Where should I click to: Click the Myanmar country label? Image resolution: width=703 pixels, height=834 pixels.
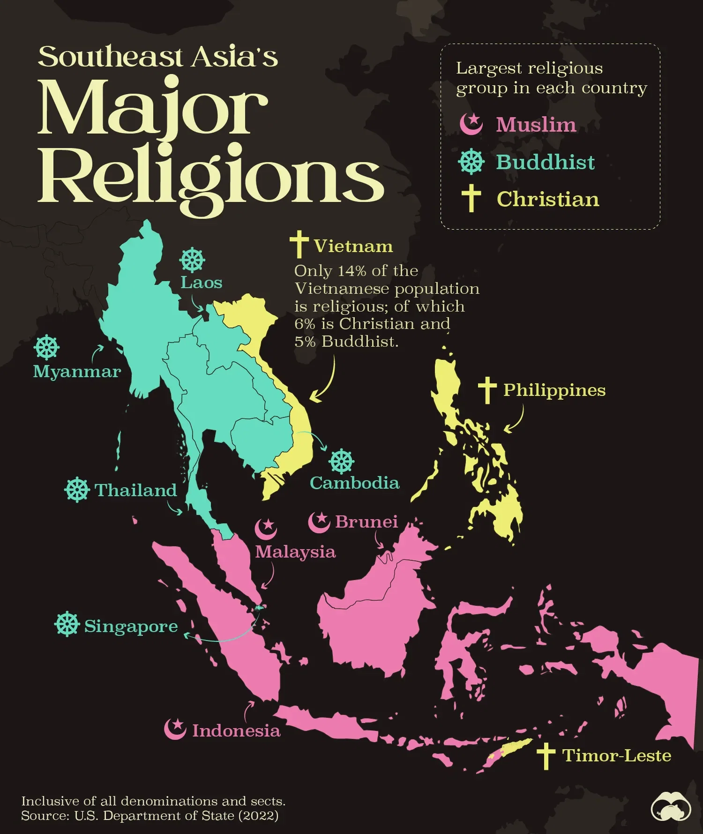(77, 372)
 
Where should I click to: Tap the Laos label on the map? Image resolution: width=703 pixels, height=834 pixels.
(202, 283)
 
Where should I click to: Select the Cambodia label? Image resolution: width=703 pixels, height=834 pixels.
(354, 483)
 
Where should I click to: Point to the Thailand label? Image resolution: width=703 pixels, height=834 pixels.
(136, 490)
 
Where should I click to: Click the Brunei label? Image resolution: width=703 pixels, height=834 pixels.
(366, 521)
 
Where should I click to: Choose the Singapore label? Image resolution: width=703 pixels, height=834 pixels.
(131, 626)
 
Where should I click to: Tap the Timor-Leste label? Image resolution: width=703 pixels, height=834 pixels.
(616, 756)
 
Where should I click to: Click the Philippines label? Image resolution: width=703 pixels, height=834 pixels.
(554, 390)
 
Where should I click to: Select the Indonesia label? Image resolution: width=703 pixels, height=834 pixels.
(236, 731)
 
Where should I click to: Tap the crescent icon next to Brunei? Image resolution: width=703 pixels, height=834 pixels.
(319, 521)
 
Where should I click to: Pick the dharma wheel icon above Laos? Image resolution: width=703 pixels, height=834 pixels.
(192, 261)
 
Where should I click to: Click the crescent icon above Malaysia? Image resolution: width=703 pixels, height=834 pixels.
(266, 529)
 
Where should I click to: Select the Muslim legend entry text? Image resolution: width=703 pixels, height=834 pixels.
(536, 125)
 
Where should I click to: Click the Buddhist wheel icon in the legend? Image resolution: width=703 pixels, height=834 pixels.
(471, 162)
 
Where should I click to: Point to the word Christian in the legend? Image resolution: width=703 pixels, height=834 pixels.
(548, 199)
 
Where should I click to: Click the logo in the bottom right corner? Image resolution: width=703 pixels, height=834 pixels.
(671, 807)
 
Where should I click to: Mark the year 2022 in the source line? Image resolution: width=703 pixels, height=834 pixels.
(258, 816)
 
